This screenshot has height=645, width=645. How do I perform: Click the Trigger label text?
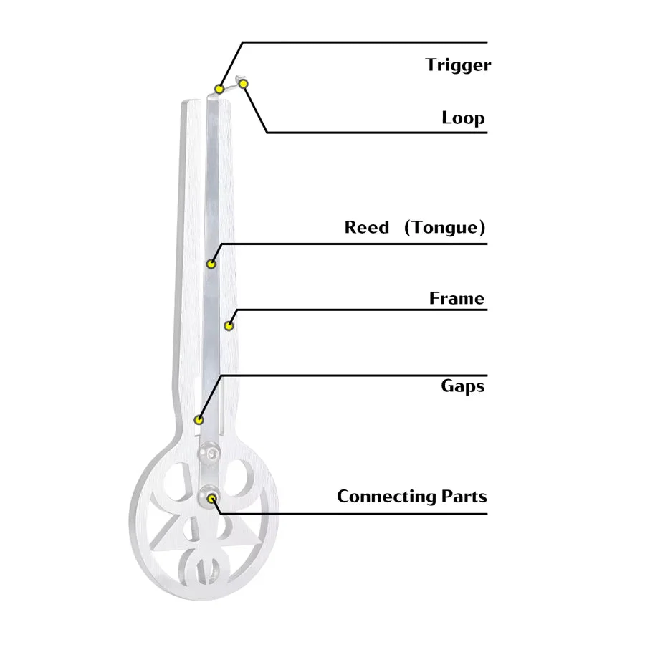click(x=458, y=65)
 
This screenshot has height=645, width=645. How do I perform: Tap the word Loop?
click(x=463, y=118)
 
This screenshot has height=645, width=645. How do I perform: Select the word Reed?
click(x=366, y=227)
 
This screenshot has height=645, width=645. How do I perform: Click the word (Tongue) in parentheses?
click(x=444, y=227)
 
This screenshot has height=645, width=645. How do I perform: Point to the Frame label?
click(x=457, y=298)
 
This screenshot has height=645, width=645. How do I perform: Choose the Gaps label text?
click(x=463, y=386)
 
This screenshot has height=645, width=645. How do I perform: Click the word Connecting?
click(x=386, y=497)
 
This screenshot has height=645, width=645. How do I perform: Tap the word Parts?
click(x=464, y=496)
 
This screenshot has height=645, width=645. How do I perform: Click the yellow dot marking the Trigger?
click(x=220, y=89)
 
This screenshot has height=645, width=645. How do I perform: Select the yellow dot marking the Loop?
click(x=244, y=84)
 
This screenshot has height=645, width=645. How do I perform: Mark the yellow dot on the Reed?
click(x=211, y=264)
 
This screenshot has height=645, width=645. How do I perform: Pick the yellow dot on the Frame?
click(x=229, y=326)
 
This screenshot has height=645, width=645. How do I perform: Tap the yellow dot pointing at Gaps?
click(x=199, y=420)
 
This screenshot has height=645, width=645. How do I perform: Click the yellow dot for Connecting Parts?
click(x=212, y=499)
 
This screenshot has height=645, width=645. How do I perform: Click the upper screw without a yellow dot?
click(x=209, y=454)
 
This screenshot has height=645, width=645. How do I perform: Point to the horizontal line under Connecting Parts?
click(x=355, y=514)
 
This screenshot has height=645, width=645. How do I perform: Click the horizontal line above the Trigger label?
click(x=365, y=42)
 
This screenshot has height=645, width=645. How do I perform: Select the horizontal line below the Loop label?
click(x=377, y=133)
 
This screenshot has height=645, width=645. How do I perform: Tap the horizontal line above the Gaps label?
click(x=355, y=375)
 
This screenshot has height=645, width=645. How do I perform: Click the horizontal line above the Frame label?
click(x=362, y=310)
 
